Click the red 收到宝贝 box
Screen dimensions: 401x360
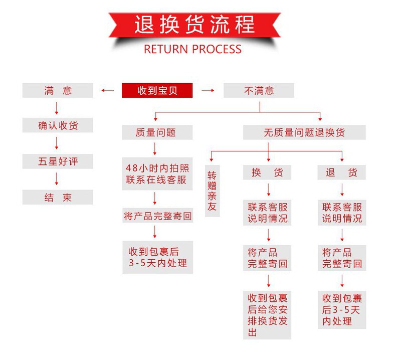pyautogui.click(x=157, y=91)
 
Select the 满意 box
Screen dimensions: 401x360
pyautogui.click(x=58, y=91)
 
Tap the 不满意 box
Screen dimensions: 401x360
pyautogui.click(x=259, y=91)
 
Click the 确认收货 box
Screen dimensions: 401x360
pyautogui.click(x=58, y=125)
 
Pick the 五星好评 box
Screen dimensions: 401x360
pyautogui.click(x=58, y=161)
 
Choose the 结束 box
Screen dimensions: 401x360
pyautogui.click(x=58, y=197)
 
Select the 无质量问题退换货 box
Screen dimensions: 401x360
pyautogui.click(x=304, y=132)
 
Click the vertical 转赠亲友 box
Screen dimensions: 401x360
pyautogui.click(x=212, y=191)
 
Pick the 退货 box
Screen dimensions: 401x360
pyautogui.click(x=341, y=172)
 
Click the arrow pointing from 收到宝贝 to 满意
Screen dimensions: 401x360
pyautogui.click(x=108, y=91)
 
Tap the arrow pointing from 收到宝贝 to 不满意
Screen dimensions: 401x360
pyautogui.click(x=208, y=91)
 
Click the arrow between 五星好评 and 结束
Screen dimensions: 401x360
pyautogui.click(x=57, y=179)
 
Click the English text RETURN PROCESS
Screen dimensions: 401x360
pyautogui.click(x=192, y=49)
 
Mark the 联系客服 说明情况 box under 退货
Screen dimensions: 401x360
pyautogui.click(x=341, y=213)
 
